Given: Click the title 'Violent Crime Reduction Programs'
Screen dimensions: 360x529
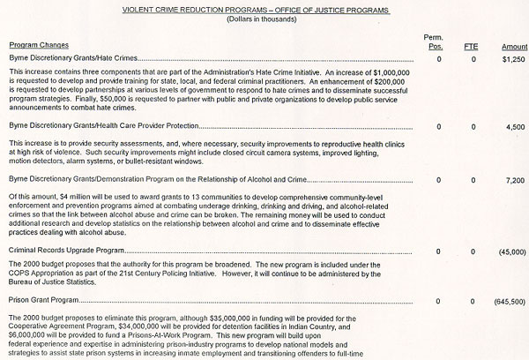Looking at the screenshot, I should (264, 9).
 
